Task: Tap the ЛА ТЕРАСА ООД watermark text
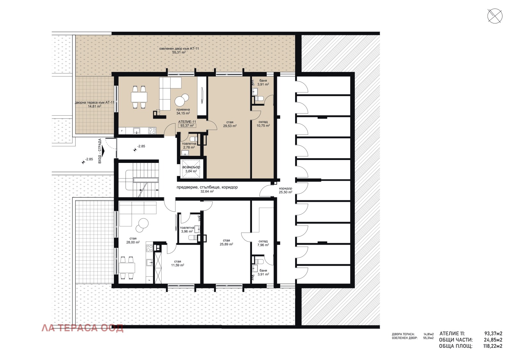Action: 82,328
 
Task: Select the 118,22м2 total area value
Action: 493,346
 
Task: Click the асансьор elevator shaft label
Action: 191,167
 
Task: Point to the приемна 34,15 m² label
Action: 183,111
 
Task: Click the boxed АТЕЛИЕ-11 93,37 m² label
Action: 187,124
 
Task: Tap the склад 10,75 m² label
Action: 263,124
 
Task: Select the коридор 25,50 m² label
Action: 286,190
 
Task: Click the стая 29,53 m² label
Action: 230,124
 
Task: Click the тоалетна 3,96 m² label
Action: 187,229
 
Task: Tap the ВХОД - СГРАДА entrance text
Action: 100,151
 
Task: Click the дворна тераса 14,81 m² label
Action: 94,104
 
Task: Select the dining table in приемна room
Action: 139,97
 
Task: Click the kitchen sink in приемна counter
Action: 137,130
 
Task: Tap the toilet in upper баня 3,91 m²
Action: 259,98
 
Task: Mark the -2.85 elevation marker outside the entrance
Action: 87,159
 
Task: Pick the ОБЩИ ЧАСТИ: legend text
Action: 456,340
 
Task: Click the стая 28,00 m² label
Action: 133,240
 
